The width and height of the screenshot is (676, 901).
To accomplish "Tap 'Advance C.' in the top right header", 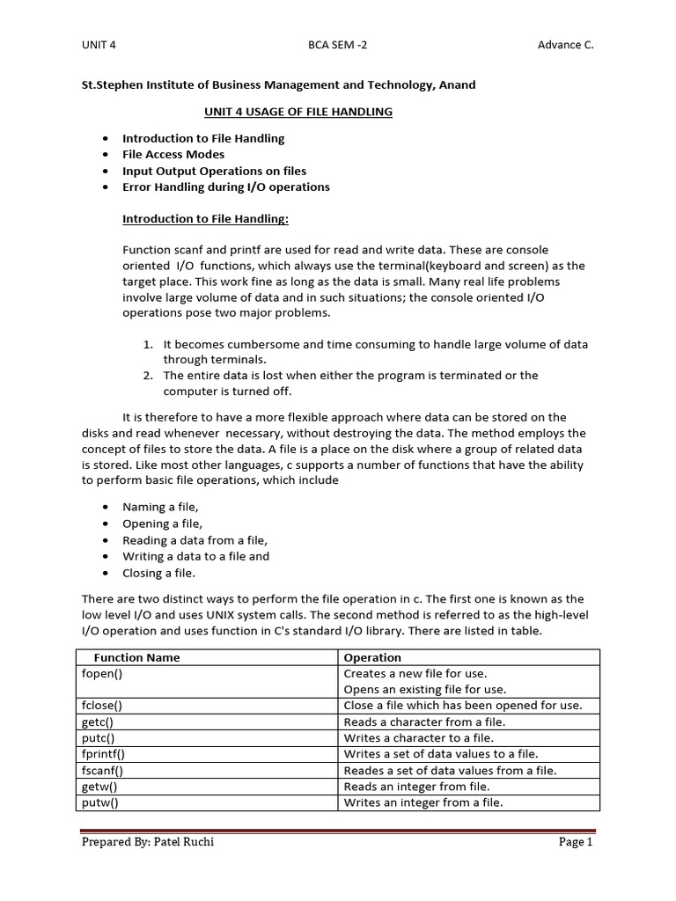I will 565,46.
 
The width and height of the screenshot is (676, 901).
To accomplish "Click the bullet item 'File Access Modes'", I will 173,155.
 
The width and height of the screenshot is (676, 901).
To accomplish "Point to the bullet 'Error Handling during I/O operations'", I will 226,187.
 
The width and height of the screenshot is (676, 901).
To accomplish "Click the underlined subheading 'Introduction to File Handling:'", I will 205,218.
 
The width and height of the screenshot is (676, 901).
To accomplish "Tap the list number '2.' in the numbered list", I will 149,376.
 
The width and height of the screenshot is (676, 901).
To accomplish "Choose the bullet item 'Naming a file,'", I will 160,508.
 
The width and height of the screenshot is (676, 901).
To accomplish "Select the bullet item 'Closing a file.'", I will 158,574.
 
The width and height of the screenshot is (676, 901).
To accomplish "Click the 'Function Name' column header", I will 136,657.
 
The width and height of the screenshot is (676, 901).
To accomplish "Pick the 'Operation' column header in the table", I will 372,657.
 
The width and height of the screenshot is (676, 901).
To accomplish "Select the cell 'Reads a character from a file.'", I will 424,722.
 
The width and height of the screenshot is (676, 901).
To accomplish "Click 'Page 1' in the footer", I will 577,842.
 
